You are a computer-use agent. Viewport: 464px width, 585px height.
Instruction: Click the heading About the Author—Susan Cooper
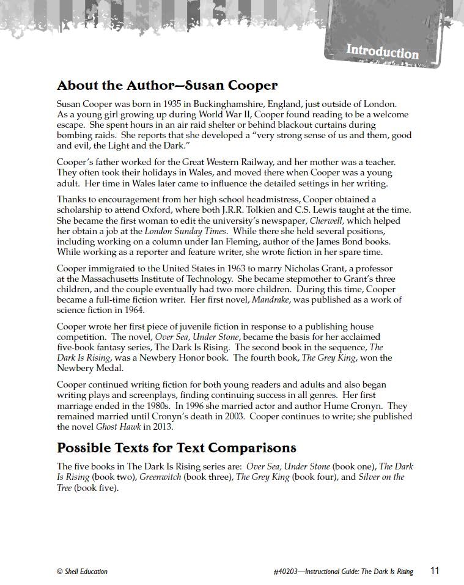coord(167,85)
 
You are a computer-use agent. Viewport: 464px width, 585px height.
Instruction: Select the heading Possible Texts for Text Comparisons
coord(176,447)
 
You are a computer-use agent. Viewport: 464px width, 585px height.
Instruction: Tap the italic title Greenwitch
coord(160,477)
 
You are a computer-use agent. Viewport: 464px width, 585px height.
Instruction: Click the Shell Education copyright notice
coord(82,572)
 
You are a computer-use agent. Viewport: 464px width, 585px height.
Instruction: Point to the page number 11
coord(435,571)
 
